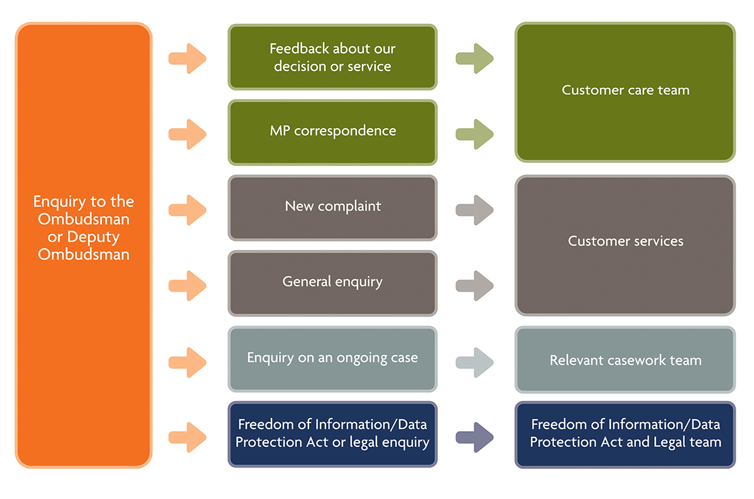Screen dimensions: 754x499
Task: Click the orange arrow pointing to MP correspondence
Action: click(x=187, y=134)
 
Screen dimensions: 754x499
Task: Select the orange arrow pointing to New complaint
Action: click(x=187, y=210)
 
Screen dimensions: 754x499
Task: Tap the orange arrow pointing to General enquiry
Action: click(x=187, y=285)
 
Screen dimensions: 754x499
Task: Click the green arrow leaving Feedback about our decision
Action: click(x=474, y=58)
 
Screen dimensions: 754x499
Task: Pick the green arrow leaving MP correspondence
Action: click(x=474, y=134)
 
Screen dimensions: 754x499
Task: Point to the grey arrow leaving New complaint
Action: click(x=474, y=210)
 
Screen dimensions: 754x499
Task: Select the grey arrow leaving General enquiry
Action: click(x=474, y=285)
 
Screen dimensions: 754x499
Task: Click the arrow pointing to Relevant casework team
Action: click(x=474, y=362)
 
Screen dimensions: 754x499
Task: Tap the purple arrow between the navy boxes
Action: click(x=474, y=437)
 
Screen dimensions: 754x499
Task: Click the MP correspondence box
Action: click(x=332, y=133)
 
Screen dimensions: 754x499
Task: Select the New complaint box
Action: click(x=332, y=208)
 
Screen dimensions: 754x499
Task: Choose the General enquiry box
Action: click(x=332, y=283)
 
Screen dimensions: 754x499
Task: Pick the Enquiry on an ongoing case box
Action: click(x=332, y=359)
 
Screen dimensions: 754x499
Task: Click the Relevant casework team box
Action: click(x=625, y=359)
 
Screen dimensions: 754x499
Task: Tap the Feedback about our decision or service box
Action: click(x=332, y=57)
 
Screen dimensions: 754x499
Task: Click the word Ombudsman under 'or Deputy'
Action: click(x=84, y=255)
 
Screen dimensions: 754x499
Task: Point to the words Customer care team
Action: click(x=625, y=90)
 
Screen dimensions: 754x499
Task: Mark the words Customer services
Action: click(x=625, y=241)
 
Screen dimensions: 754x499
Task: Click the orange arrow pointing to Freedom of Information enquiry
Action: click(x=187, y=437)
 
